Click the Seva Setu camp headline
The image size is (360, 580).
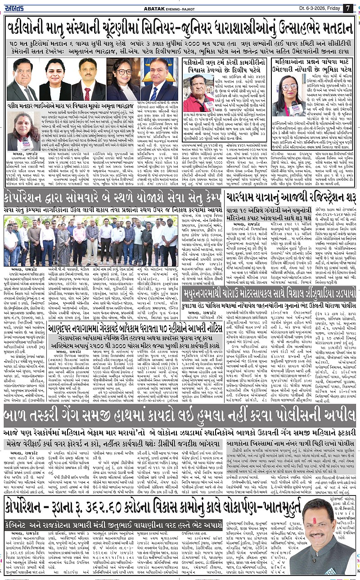[x=112, y=198]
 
